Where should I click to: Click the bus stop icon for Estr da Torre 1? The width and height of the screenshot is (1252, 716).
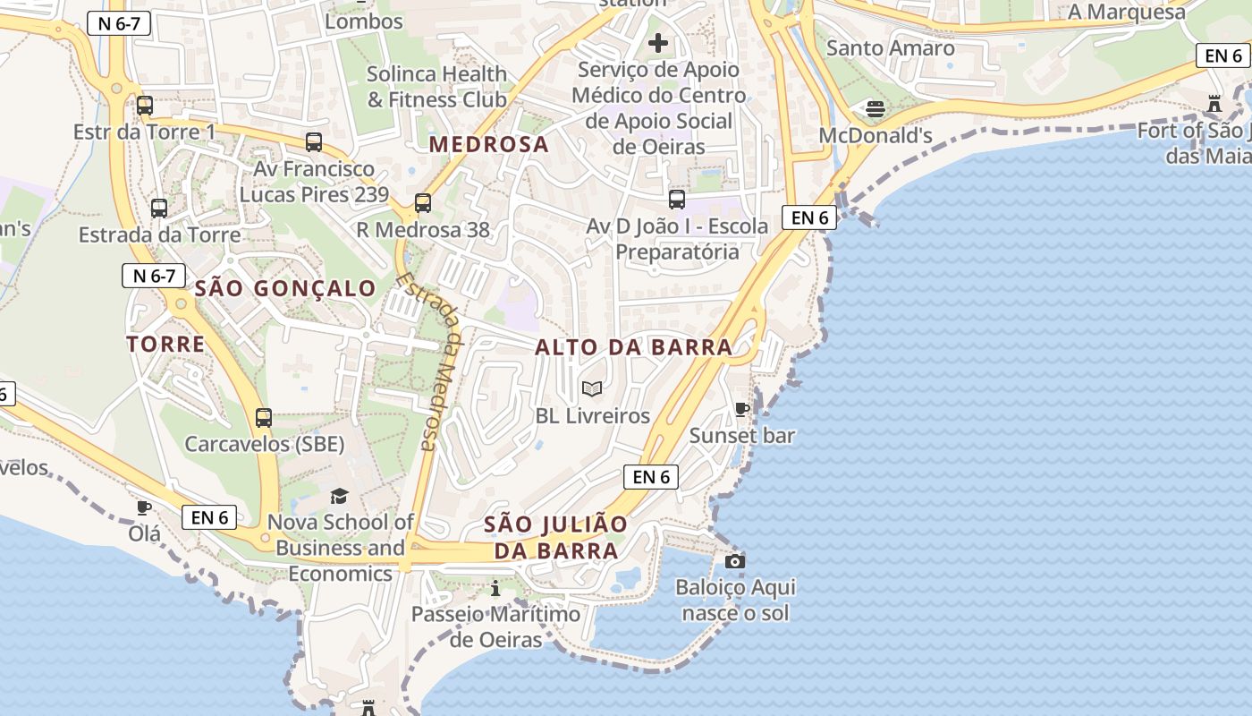[145, 106]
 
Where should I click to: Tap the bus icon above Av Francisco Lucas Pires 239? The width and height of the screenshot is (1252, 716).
[314, 142]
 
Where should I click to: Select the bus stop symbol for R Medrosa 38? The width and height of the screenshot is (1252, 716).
[423, 203]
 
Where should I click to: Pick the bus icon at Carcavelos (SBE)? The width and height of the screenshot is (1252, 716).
[264, 418]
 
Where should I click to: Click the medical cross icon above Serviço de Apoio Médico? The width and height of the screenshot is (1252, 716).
[658, 42]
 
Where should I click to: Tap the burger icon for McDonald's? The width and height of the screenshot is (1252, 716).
[876, 109]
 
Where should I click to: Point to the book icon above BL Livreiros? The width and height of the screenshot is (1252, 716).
[592, 388]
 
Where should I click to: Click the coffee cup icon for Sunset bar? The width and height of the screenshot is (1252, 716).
[742, 409]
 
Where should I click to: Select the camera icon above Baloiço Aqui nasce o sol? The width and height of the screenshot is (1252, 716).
[735, 561]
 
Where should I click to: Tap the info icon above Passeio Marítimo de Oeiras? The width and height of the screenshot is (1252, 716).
[495, 588]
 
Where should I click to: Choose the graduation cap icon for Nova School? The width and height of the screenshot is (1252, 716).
[340, 496]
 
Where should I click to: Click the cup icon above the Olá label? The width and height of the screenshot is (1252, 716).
[144, 507]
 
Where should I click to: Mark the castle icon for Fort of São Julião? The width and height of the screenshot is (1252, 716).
[1214, 104]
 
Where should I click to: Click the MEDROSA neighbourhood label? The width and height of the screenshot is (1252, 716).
[488, 144]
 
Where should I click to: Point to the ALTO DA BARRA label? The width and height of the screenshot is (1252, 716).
[633, 347]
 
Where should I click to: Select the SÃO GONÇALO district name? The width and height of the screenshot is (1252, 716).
[285, 288]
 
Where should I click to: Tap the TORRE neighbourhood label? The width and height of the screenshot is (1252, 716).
[165, 344]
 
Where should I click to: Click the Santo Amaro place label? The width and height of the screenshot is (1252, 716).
[890, 47]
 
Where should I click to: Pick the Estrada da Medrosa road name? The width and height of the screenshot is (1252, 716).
[428, 361]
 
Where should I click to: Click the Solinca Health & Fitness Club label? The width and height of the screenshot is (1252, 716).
[436, 87]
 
